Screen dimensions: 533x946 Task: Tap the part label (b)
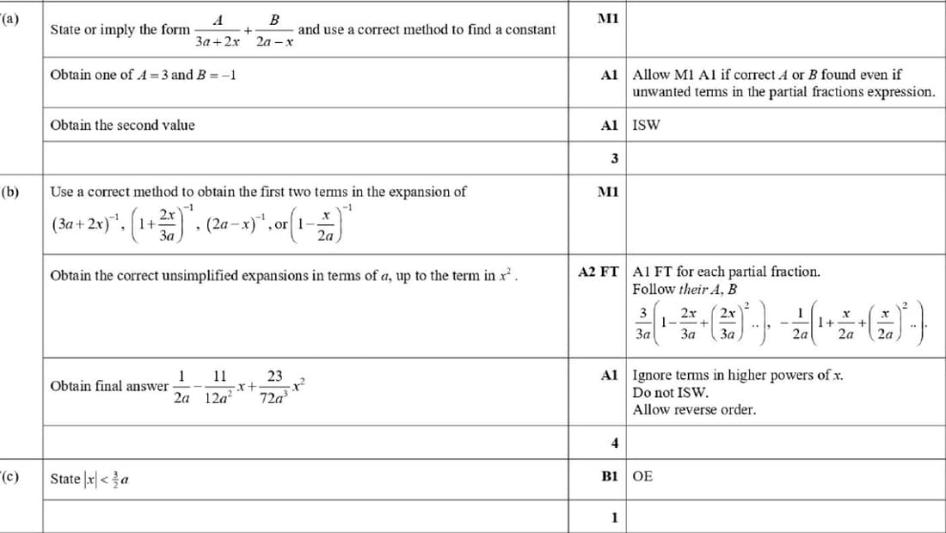point(11,192)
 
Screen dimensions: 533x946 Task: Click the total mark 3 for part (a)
point(614,158)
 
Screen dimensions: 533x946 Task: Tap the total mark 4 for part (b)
point(614,444)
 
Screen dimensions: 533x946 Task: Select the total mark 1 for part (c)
point(614,518)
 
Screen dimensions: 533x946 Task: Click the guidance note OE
point(642,475)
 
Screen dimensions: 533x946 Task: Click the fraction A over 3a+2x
point(217,30)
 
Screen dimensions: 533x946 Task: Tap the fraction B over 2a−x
point(274,30)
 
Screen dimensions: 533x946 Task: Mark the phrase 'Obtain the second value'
point(122,126)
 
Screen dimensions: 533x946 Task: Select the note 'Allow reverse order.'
point(694,410)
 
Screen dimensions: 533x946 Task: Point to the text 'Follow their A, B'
point(685,290)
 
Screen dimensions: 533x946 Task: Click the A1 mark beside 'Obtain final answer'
point(610,376)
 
